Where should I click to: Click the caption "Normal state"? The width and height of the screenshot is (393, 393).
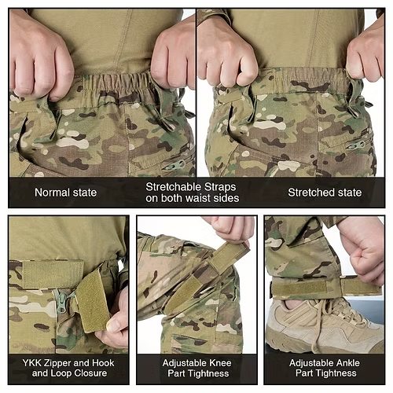(x=65, y=193)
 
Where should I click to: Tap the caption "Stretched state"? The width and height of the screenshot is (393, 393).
(x=325, y=193)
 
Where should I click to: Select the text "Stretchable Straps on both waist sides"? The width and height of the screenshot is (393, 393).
(x=192, y=193)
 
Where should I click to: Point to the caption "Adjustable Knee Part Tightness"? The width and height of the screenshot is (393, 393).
(x=196, y=369)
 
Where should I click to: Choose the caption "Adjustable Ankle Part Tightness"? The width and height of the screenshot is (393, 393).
(x=324, y=369)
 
